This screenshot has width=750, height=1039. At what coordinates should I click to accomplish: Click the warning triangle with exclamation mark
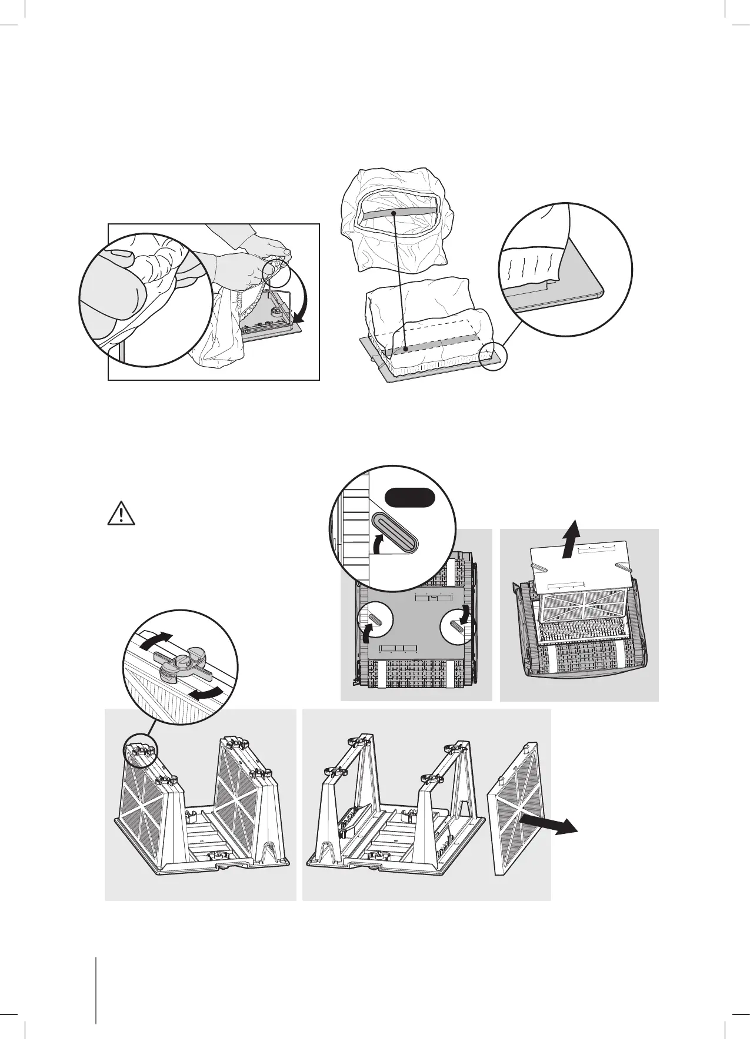pos(121,514)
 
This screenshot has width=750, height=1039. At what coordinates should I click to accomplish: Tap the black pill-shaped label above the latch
pos(409,498)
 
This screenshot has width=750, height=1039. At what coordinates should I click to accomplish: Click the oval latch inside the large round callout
pos(395,531)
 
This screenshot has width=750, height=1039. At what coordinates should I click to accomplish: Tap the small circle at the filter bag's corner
pos(492,356)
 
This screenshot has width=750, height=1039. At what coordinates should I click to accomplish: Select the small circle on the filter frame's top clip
pos(139,755)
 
